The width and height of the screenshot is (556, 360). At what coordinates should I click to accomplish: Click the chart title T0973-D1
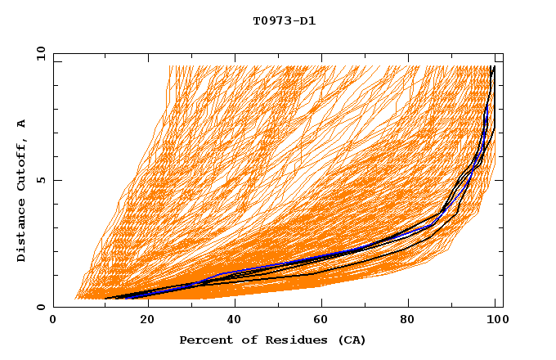284,20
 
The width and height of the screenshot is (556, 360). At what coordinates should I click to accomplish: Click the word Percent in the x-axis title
204,340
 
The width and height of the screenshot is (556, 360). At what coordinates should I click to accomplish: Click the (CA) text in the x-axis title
351,340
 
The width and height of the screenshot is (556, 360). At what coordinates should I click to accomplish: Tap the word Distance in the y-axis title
22,232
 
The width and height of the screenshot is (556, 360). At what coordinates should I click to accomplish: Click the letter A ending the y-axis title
22,124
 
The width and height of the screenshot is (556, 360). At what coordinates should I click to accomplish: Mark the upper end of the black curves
492,66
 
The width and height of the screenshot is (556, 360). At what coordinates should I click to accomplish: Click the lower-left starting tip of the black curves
105,299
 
